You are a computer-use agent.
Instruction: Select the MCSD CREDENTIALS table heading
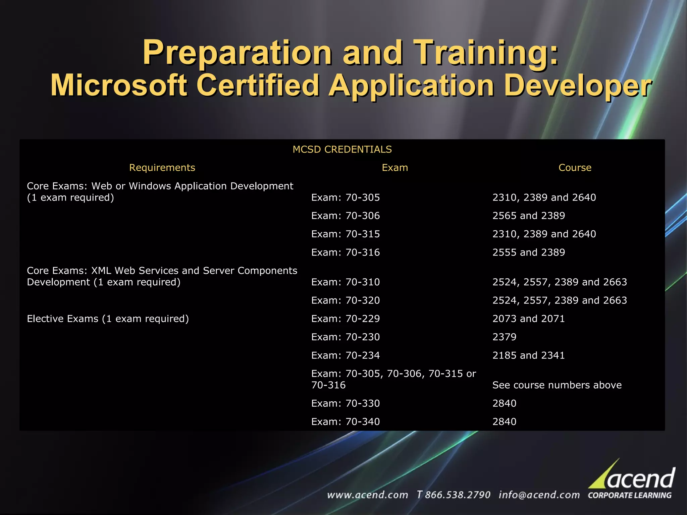(342, 150)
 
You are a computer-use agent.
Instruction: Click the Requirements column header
(162, 168)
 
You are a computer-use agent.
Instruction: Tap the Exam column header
(395, 168)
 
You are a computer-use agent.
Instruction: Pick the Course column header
(575, 168)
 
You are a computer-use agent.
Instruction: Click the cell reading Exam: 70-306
(346, 216)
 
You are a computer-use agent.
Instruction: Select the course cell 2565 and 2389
(528, 216)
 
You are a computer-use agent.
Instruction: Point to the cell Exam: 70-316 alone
(346, 252)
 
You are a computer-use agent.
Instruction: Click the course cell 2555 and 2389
(528, 252)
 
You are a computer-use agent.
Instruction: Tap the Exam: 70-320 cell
(346, 300)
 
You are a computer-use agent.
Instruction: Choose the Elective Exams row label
(108, 319)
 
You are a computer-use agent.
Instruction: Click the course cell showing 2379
(504, 337)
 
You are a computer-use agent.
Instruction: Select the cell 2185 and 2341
(528, 355)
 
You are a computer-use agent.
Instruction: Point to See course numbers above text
(557, 385)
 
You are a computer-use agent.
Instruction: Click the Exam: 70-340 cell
(346, 422)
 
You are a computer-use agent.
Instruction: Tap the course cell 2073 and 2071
(528, 319)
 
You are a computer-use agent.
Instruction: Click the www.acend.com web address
(367, 495)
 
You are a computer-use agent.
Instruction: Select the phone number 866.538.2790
(457, 495)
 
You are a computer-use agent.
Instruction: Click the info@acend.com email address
(539, 495)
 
